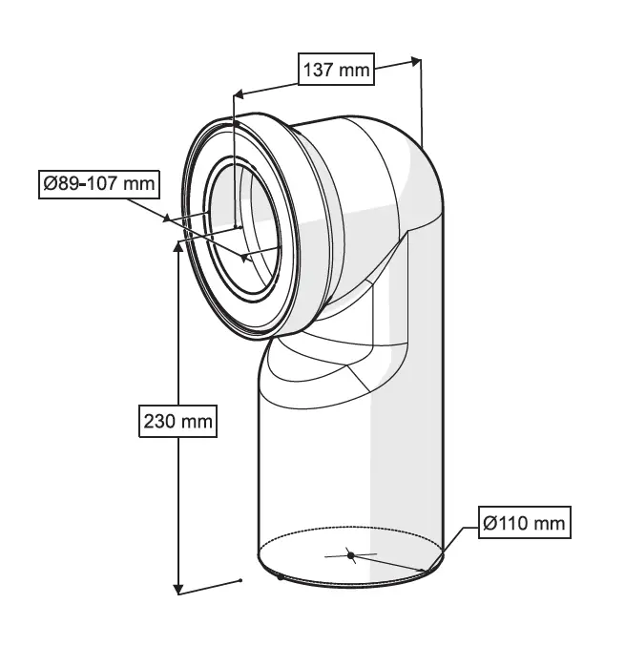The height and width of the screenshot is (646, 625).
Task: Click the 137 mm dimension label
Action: [x=335, y=69]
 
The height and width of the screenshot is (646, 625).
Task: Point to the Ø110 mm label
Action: [x=524, y=523]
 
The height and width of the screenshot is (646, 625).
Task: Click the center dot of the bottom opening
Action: [x=351, y=554]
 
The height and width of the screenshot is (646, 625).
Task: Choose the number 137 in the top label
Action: [x=319, y=69]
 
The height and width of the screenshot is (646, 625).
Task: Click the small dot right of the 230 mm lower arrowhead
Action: [x=241, y=579]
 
